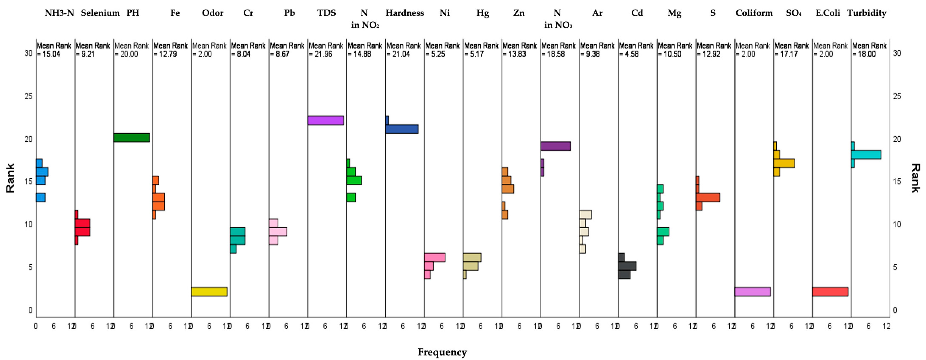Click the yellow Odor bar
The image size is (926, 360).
click(x=209, y=291)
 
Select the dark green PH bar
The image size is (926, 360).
click(x=131, y=138)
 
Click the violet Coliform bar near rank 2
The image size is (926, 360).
click(x=752, y=291)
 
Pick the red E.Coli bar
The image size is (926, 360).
click(x=830, y=291)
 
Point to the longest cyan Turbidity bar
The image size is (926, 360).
click(x=866, y=154)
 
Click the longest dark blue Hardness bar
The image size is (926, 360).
click(x=402, y=129)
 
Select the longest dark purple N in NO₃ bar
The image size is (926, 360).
click(x=555, y=146)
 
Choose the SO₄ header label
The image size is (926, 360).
click(x=793, y=13)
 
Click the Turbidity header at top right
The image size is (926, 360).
click(x=866, y=13)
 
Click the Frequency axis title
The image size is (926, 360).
click(x=442, y=352)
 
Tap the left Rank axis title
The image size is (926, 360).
click(x=10, y=178)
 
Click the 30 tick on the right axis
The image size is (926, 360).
click(x=897, y=53)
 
